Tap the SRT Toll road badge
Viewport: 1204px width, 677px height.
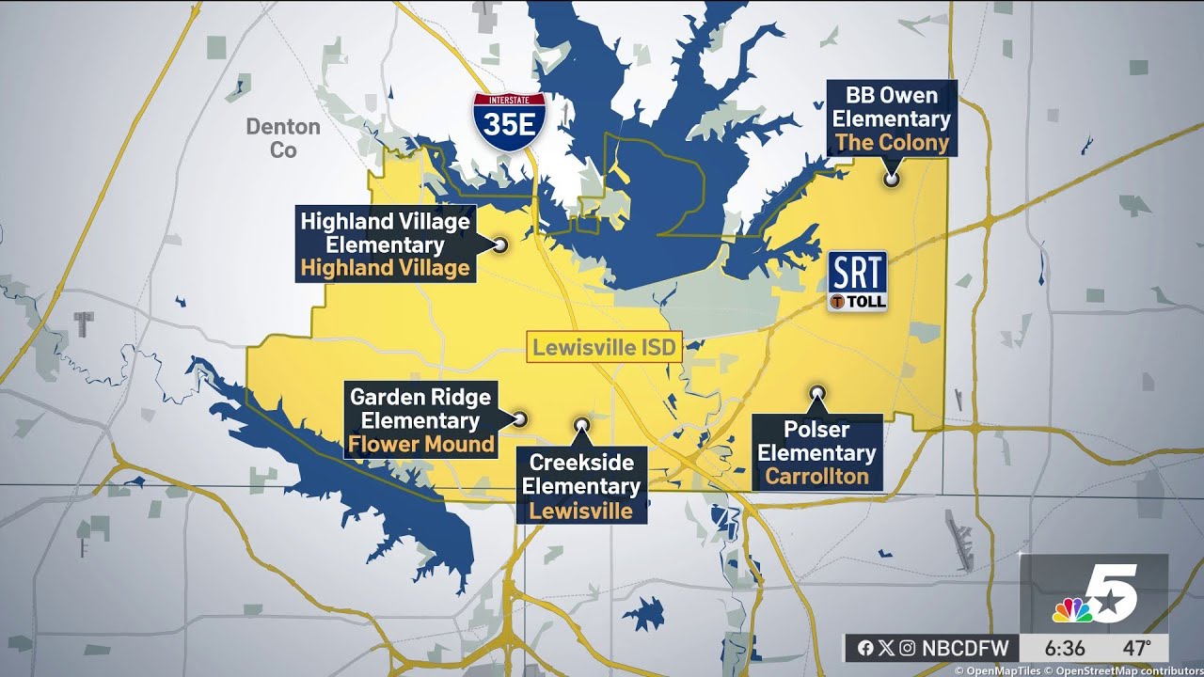click(x=857, y=280)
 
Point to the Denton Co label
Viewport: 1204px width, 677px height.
click(x=283, y=137)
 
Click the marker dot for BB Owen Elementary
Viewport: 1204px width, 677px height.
click(x=890, y=179)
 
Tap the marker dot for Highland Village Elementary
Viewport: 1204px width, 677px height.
click(x=500, y=244)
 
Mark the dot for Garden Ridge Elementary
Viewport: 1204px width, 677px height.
click(x=518, y=419)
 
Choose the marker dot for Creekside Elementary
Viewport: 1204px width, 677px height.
click(x=582, y=425)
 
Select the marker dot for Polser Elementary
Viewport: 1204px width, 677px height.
click(x=817, y=392)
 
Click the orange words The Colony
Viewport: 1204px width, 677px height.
click(x=891, y=143)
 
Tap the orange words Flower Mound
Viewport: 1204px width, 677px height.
click(x=421, y=444)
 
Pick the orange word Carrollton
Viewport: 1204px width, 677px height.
click(x=816, y=476)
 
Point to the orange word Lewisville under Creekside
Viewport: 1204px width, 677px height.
click(x=580, y=511)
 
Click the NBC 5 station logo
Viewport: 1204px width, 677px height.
click(x=1096, y=594)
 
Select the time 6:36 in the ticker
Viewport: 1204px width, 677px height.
click(x=1064, y=648)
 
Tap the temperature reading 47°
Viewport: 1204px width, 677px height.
click(x=1135, y=648)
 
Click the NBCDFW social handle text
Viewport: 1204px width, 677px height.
click(x=965, y=648)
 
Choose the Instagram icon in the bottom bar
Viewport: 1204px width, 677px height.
click(x=907, y=648)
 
